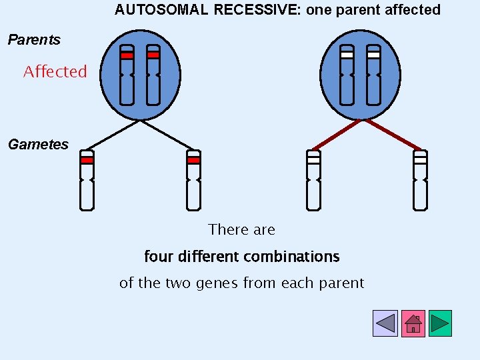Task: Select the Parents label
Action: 34,40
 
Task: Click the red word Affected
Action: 55,71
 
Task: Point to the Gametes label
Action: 38,144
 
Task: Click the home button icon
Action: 413,323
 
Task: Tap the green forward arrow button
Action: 440,323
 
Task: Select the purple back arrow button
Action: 385,323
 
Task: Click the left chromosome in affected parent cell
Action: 127,75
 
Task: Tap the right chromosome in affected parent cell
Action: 153,75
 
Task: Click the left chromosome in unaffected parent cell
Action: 347,75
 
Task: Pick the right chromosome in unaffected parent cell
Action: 373,75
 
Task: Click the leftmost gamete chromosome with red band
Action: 87,180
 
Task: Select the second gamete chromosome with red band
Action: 193,180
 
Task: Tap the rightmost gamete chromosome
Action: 420,180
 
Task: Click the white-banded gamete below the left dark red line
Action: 313,180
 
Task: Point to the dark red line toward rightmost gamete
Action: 392,135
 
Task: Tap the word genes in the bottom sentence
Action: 217,283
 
